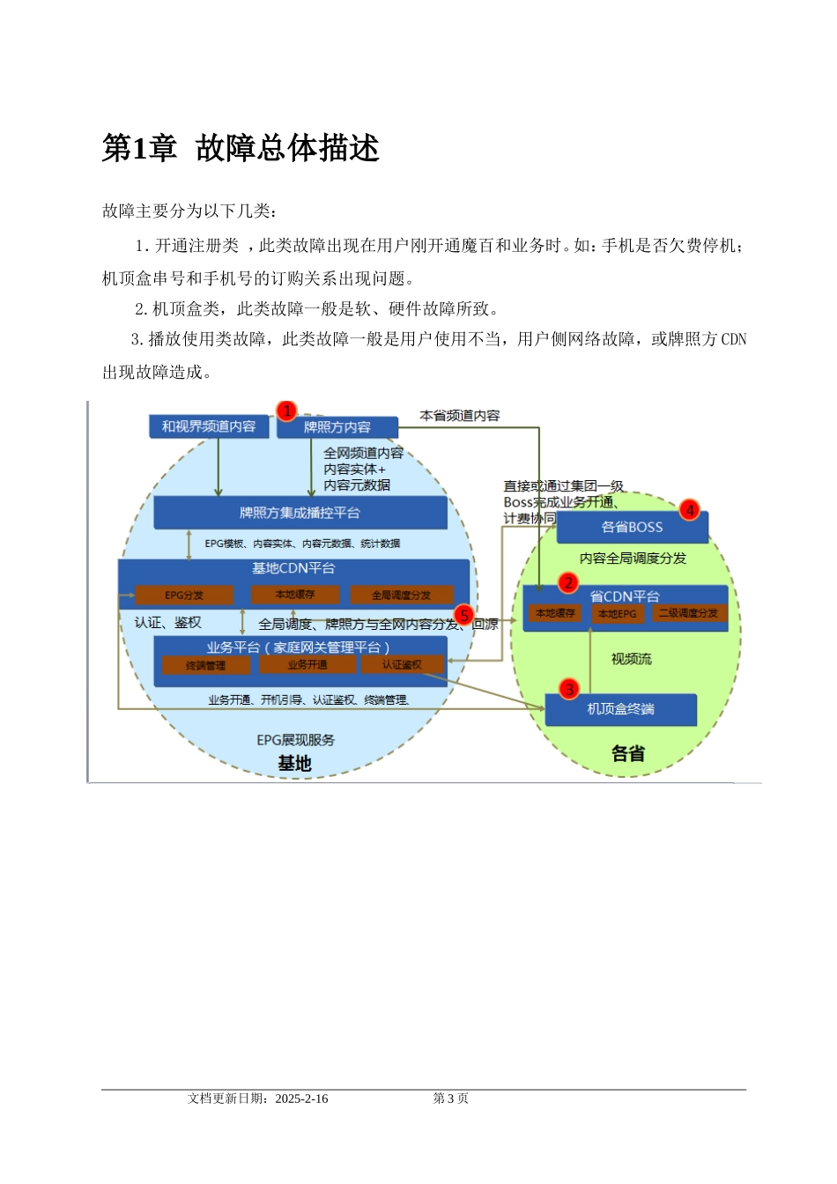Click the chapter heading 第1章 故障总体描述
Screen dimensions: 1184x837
(241, 148)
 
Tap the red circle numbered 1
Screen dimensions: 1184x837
(286, 411)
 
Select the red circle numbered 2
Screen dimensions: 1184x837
(568, 582)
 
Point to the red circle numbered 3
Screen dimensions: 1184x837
(569, 689)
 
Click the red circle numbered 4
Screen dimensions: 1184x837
(690, 509)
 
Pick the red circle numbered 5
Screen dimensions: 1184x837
(464, 616)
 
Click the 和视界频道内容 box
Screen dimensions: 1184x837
(209, 426)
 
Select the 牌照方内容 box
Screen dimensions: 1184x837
(337, 427)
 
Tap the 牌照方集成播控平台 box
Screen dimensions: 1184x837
(300, 513)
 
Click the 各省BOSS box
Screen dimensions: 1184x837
(632, 527)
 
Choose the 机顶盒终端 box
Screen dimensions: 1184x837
(620, 709)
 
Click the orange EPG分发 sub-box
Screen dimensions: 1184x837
(184, 596)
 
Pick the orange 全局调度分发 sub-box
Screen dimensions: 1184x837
(401, 596)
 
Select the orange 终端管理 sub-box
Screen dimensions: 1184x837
(205, 665)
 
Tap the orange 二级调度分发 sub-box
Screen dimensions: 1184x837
(688, 613)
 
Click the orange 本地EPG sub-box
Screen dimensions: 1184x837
(617, 613)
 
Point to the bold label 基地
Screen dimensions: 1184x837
(294, 763)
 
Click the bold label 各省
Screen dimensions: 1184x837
(628, 753)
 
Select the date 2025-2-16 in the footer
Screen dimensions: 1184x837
(301, 1099)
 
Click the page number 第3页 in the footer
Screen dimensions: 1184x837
(450, 1099)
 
